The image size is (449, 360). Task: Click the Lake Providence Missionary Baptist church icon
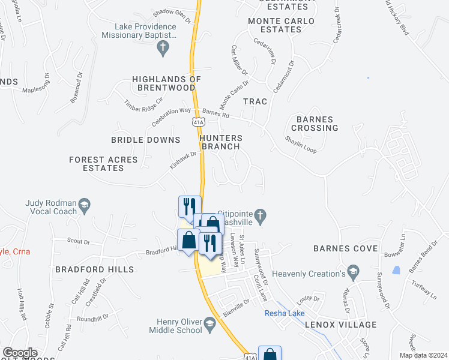click(x=162, y=50)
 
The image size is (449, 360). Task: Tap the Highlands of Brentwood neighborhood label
click(x=166, y=83)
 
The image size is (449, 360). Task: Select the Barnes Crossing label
click(x=314, y=124)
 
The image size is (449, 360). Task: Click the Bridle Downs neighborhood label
click(x=146, y=140)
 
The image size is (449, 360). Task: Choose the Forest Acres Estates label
click(x=103, y=164)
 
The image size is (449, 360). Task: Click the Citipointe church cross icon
click(x=261, y=214)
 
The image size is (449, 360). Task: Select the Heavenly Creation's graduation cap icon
click(x=354, y=274)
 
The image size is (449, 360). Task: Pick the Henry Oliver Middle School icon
click(x=209, y=325)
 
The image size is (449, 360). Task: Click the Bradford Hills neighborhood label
click(x=95, y=269)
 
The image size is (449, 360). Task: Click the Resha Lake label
click(x=285, y=313)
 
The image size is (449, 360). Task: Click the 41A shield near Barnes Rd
click(x=198, y=122)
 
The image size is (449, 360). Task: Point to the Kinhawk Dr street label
click(x=183, y=160)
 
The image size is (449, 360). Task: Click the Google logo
click(x=20, y=353)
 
